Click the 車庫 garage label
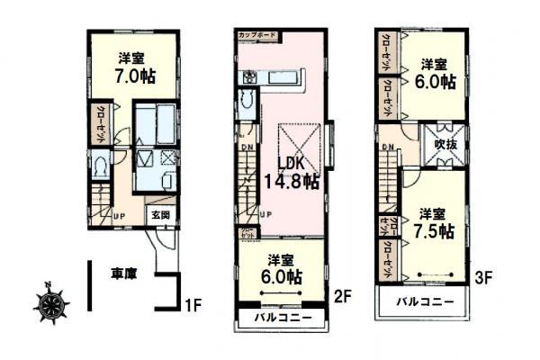click(124, 273)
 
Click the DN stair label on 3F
click(388, 147)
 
